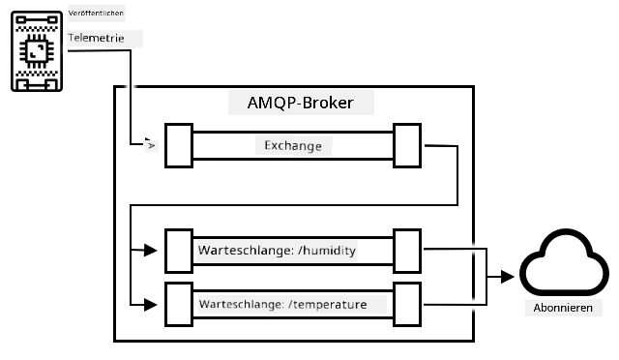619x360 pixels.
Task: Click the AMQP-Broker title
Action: (x=301, y=103)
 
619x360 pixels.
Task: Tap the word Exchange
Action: (x=293, y=146)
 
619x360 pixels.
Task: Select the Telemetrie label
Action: (x=96, y=38)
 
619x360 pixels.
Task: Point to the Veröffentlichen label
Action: (x=96, y=13)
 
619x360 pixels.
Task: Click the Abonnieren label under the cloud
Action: (x=563, y=308)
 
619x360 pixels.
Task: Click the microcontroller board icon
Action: (x=37, y=51)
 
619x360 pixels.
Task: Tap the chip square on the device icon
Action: (x=37, y=51)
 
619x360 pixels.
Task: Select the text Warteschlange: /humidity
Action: (x=277, y=251)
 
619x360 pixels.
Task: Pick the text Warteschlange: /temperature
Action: (x=282, y=304)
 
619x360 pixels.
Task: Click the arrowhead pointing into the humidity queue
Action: (x=151, y=250)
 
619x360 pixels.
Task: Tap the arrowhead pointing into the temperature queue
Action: (x=151, y=305)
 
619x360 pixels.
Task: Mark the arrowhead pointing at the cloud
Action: (x=507, y=277)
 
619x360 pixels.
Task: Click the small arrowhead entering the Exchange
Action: (x=151, y=145)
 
